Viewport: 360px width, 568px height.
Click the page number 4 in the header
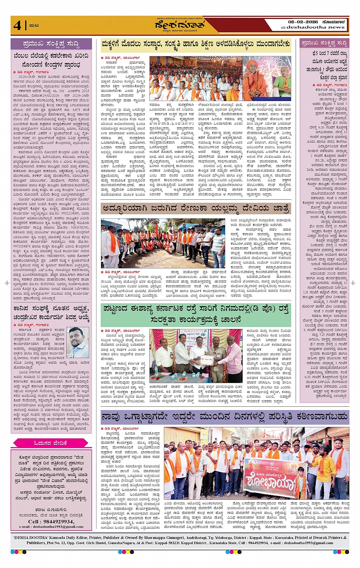(17, 26)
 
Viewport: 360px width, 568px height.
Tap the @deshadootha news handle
(313, 27)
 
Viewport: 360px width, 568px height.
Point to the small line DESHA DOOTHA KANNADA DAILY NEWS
(180, 18)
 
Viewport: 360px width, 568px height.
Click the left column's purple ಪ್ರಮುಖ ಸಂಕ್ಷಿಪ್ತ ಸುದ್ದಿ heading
(51, 44)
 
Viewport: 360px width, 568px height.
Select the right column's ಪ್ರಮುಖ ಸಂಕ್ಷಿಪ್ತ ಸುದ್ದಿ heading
(324, 43)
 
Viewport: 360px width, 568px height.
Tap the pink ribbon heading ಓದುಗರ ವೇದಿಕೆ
(51, 443)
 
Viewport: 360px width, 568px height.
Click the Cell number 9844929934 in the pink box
(51, 521)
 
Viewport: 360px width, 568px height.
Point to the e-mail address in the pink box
(51, 527)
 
